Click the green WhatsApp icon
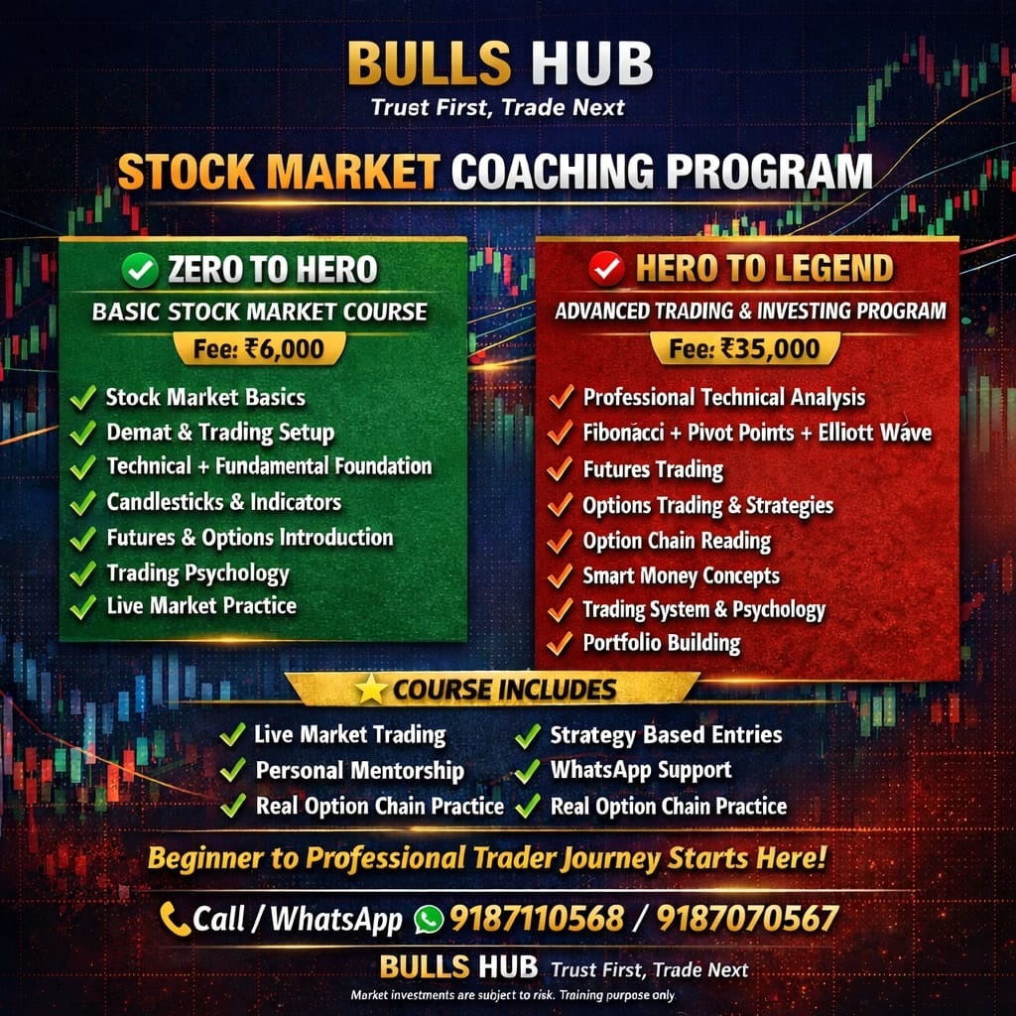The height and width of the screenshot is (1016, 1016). tap(429, 919)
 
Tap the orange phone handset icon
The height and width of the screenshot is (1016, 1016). tap(176, 919)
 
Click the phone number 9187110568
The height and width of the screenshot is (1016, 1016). tap(537, 919)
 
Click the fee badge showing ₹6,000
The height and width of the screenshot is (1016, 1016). tap(259, 348)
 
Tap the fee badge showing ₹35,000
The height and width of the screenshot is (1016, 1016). tap(745, 348)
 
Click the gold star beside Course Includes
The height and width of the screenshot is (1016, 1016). tap(371, 690)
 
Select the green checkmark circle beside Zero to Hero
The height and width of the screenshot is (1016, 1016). tap(137, 269)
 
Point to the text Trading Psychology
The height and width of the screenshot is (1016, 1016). tap(197, 573)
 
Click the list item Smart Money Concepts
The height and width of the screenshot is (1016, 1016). tap(681, 575)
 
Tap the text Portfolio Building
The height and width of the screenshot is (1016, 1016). tap(661, 642)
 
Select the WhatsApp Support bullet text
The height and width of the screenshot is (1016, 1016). tap(640, 770)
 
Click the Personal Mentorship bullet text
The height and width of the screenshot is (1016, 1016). tap(359, 770)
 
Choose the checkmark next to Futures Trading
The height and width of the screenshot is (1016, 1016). tap(562, 468)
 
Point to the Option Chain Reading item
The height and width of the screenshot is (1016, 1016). tap(677, 541)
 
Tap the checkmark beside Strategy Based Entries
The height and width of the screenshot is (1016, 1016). tap(528, 736)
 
